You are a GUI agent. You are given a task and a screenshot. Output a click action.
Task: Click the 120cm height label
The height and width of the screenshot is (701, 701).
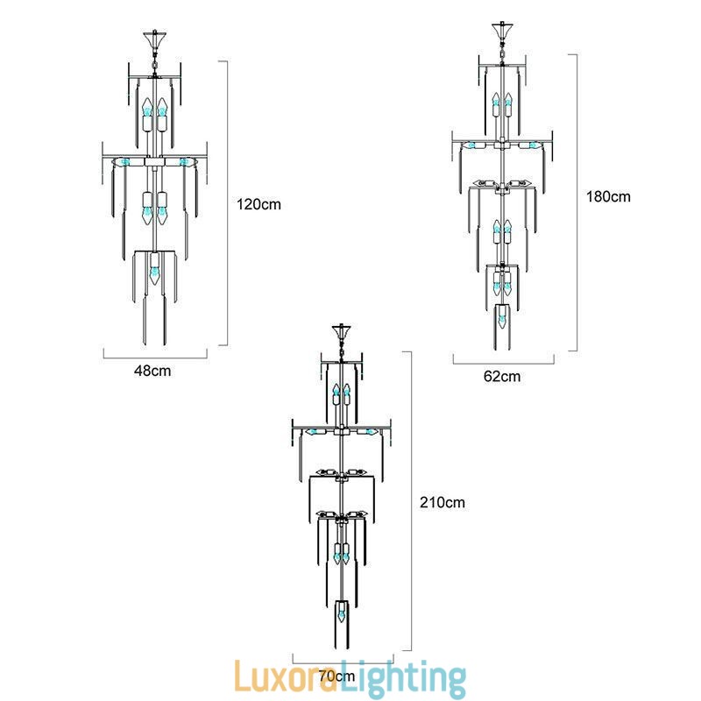(258, 204)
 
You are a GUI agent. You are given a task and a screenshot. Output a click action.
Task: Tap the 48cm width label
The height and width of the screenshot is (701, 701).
(152, 371)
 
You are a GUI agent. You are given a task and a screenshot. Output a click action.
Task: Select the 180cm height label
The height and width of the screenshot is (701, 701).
(609, 196)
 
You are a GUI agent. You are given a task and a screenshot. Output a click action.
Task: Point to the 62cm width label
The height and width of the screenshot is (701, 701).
(502, 377)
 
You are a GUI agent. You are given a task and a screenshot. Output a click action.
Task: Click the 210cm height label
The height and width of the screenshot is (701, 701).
(443, 502)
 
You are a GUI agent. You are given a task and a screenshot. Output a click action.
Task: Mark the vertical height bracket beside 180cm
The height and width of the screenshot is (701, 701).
(576, 202)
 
